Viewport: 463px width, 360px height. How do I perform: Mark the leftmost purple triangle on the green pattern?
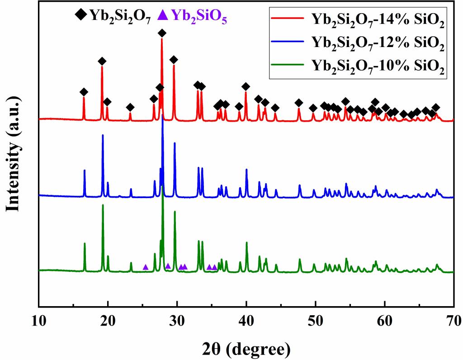click(x=146, y=267)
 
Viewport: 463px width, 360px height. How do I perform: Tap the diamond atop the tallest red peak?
click(x=162, y=33)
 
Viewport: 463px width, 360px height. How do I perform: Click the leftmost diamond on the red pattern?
click(x=84, y=92)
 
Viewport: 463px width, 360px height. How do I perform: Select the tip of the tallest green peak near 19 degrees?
click(x=103, y=205)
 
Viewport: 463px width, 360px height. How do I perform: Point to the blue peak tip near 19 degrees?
click(x=103, y=135)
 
